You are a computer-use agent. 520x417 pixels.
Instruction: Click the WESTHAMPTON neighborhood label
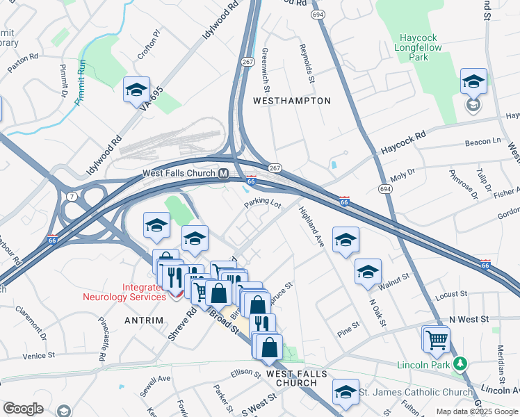[x=291, y=101]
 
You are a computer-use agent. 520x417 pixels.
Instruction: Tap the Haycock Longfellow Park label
[x=423, y=48]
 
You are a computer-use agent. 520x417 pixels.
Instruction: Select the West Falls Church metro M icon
[x=224, y=174]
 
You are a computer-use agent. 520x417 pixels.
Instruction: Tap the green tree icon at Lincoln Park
[x=459, y=363]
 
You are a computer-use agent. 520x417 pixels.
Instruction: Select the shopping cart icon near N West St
[x=437, y=340]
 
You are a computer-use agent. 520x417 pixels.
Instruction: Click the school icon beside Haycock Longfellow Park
[x=473, y=83]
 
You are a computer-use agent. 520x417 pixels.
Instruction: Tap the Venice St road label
[x=38, y=356]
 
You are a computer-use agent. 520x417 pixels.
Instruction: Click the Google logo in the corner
[x=23, y=408]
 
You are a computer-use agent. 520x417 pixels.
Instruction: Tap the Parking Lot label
[x=262, y=205]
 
